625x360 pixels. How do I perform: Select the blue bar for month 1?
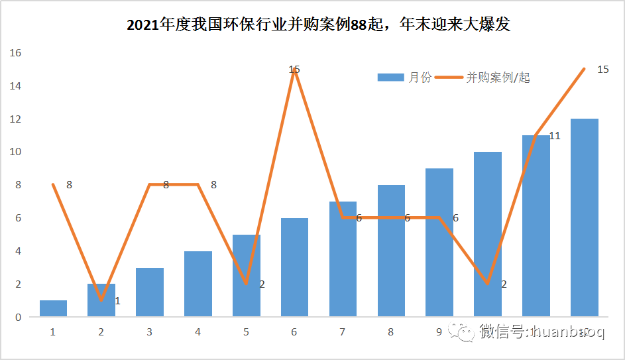[53, 308]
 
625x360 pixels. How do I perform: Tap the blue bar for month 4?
[198, 284]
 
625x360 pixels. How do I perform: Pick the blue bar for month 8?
[391, 251]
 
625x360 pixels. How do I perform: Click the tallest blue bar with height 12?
[584, 217]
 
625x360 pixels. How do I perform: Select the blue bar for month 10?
[487, 234]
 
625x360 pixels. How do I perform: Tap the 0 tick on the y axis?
[18, 317]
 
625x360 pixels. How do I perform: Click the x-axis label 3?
[149, 331]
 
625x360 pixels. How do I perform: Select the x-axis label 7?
[343, 331]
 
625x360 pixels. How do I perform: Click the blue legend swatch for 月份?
[390, 78]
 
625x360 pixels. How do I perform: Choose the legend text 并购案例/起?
[498, 78]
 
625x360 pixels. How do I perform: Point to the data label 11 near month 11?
[555, 136]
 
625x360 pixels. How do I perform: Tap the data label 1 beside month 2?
[117, 301]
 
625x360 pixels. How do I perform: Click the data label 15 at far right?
[602, 69]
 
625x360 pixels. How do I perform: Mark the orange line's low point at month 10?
[488, 284]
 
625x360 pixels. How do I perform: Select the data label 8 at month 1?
[69, 185]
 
